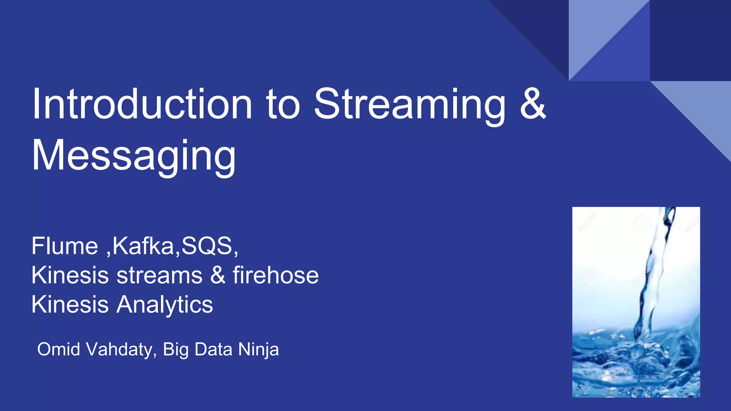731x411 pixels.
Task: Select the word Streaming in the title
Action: coord(409,104)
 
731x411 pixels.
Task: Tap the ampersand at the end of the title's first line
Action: coord(533,104)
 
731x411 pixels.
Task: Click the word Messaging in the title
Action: coord(134,156)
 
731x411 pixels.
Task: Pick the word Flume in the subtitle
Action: coord(65,246)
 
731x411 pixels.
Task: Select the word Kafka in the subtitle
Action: coord(143,246)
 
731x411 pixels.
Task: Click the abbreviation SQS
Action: coord(207,246)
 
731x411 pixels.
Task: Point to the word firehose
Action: coord(276,275)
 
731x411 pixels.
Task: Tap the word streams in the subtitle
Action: coord(160,275)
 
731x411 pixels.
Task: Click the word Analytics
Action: coord(165,305)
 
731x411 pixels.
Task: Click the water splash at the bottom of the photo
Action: coord(635,360)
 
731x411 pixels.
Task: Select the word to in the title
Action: coord(283,104)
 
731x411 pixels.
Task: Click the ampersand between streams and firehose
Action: coord(218,275)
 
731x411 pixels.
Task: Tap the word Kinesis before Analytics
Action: coord(70,305)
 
